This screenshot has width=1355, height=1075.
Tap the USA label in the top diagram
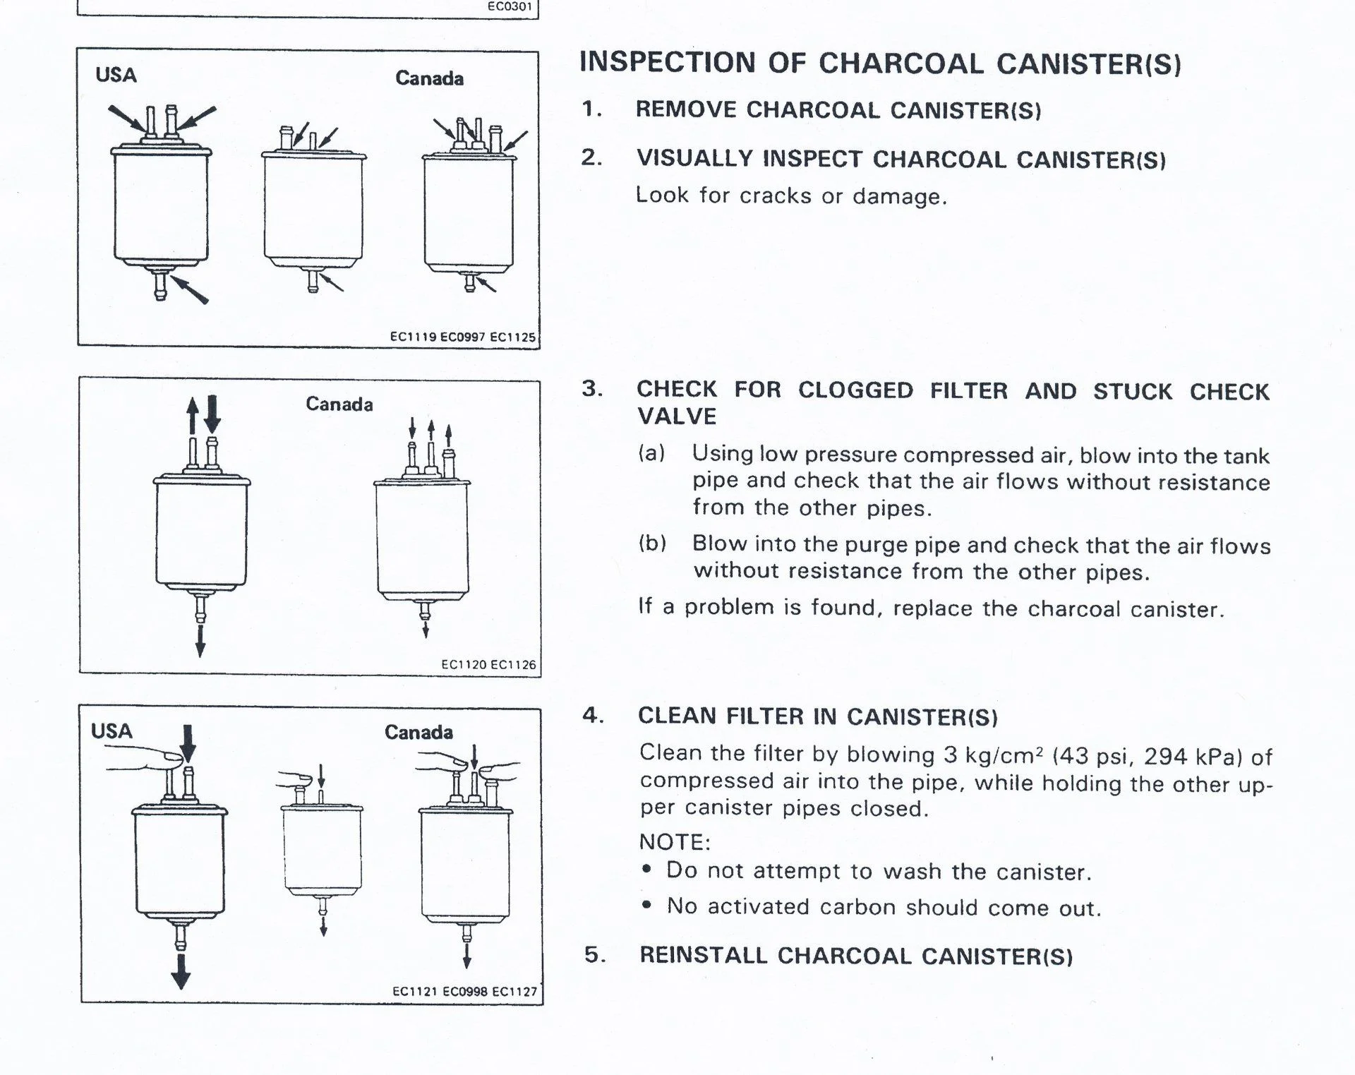[116, 75]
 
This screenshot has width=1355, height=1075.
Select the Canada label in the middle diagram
[339, 404]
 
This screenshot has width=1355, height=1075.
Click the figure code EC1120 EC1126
[488, 664]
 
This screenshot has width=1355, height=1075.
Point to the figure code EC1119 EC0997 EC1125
[462, 337]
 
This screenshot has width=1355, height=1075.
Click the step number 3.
[591, 389]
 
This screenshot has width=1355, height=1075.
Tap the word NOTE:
[674, 842]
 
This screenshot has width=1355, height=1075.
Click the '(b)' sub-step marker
[652, 543]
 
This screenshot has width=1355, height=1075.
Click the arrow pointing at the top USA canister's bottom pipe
[190, 289]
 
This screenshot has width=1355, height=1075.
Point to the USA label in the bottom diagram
[112, 731]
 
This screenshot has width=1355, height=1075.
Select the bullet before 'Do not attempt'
[646, 870]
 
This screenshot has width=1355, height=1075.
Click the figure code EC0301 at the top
[510, 7]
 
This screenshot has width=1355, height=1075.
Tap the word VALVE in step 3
[677, 416]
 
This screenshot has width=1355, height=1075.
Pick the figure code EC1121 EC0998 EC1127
[464, 992]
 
